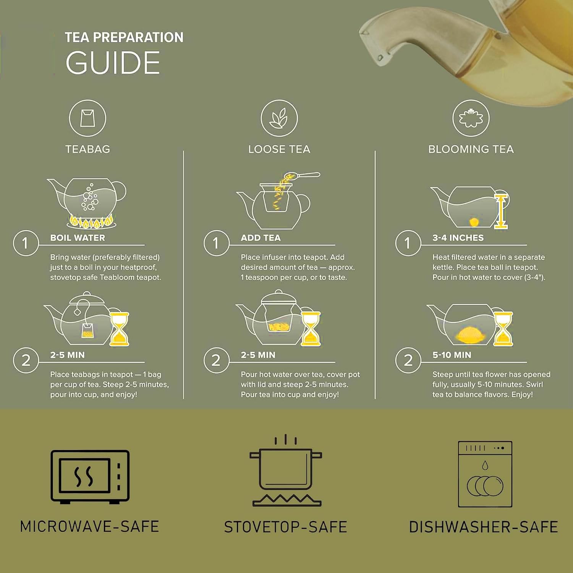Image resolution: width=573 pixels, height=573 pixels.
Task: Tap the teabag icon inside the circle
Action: click(x=87, y=118)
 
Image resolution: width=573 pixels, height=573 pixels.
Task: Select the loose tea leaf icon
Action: click(x=279, y=118)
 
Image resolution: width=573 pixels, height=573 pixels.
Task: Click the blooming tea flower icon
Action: click(x=471, y=118)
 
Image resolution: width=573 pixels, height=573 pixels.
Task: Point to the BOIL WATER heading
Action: click(x=78, y=238)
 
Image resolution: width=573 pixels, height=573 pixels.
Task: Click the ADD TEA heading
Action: click(x=261, y=238)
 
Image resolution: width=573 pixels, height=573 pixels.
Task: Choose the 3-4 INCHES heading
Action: click(x=458, y=238)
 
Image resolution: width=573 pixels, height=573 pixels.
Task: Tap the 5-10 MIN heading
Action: click(x=452, y=355)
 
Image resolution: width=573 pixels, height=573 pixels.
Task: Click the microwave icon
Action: click(x=90, y=477)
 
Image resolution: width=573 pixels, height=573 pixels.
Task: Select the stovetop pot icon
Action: click(x=286, y=471)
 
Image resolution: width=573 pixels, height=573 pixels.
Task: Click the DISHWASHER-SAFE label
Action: click(x=484, y=527)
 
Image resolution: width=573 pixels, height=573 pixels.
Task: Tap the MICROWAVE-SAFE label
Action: click(x=89, y=527)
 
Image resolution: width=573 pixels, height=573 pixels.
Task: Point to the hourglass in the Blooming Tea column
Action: click(x=503, y=329)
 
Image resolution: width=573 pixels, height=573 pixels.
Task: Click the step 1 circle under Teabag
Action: click(x=26, y=243)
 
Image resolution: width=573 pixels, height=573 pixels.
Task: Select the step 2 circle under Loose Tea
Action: click(x=216, y=360)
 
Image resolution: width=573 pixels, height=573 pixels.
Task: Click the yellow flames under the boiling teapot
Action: click(x=91, y=222)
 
